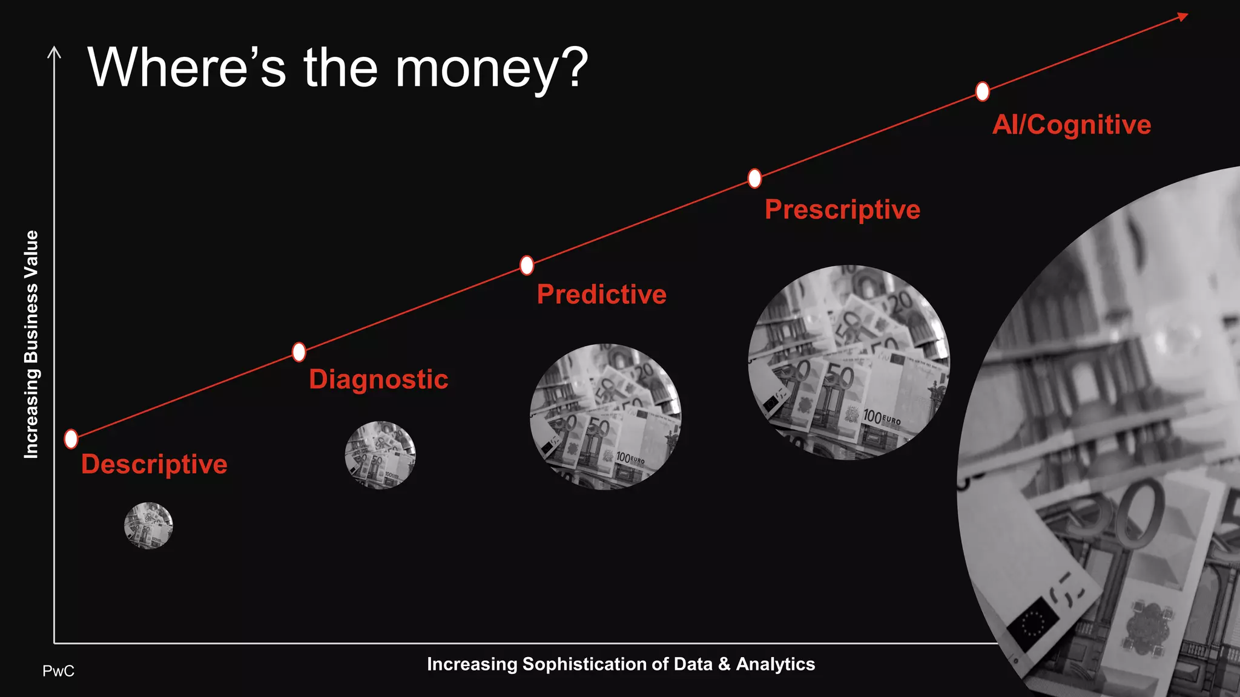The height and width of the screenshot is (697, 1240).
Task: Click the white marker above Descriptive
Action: [71, 439]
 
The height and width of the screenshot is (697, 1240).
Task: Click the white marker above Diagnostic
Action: [299, 352]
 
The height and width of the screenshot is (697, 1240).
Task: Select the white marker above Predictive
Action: [527, 265]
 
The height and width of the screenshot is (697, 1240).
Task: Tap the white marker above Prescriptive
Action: [754, 178]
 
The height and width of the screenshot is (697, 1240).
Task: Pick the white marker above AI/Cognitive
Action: [982, 91]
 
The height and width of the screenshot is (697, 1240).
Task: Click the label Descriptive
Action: [154, 465]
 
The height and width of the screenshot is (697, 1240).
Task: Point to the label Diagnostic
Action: [378, 380]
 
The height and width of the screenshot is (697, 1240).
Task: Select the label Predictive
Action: [601, 295]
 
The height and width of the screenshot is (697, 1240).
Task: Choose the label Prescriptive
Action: [842, 210]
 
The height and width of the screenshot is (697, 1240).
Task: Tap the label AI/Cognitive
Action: [1071, 125]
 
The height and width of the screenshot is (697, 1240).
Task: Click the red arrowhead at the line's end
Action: [1182, 17]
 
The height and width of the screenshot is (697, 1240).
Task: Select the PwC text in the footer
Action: [58, 671]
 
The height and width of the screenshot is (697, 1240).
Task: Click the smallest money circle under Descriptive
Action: [148, 525]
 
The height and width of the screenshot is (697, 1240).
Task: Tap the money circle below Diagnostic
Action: [380, 455]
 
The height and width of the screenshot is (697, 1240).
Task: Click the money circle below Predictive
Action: [605, 416]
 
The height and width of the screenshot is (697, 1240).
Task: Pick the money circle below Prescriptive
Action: [849, 362]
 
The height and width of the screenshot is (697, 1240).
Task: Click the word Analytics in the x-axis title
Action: [776, 664]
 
